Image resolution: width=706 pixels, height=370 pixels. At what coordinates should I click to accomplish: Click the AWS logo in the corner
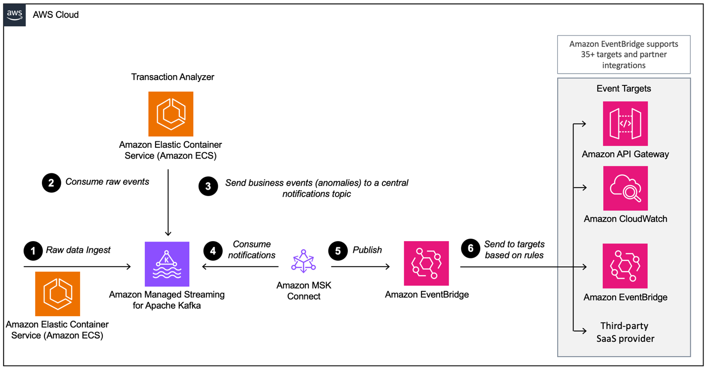click(15, 15)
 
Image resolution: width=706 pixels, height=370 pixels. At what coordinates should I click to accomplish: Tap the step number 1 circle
click(33, 251)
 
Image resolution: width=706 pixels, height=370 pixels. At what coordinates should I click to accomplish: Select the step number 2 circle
click(51, 183)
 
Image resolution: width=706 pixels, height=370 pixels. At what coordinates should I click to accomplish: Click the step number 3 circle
click(208, 186)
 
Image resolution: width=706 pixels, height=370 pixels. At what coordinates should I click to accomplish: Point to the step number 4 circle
click(213, 251)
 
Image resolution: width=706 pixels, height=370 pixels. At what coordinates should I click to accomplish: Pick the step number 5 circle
click(338, 251)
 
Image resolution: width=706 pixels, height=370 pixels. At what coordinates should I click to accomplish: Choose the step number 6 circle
click(470, 248)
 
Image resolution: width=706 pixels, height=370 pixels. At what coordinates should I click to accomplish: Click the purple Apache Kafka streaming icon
click(167, 264)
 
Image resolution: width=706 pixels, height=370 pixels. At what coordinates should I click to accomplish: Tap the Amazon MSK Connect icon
click(303, 261)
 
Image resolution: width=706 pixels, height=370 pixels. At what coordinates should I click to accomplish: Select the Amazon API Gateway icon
click(625, 123)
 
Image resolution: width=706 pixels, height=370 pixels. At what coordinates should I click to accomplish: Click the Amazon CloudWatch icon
click(625, 188)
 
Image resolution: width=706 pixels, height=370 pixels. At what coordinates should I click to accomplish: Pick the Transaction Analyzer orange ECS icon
click(171, 114)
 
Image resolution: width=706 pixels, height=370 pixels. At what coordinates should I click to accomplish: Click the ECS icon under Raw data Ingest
click(57, 293)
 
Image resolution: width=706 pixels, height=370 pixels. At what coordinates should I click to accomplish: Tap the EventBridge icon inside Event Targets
click(625, 266)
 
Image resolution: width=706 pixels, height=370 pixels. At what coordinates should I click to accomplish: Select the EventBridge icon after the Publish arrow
click(426, 263)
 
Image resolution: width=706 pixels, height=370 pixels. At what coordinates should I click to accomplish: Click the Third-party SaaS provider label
click(625, 332)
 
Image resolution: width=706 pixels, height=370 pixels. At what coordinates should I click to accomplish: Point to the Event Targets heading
click(623, 89)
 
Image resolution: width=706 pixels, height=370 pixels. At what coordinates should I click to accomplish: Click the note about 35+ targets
click(623, 54)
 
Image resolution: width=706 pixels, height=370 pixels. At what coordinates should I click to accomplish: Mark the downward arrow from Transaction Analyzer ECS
click(168, 203)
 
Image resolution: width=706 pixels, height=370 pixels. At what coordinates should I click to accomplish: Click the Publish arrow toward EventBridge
click(361, 267)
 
